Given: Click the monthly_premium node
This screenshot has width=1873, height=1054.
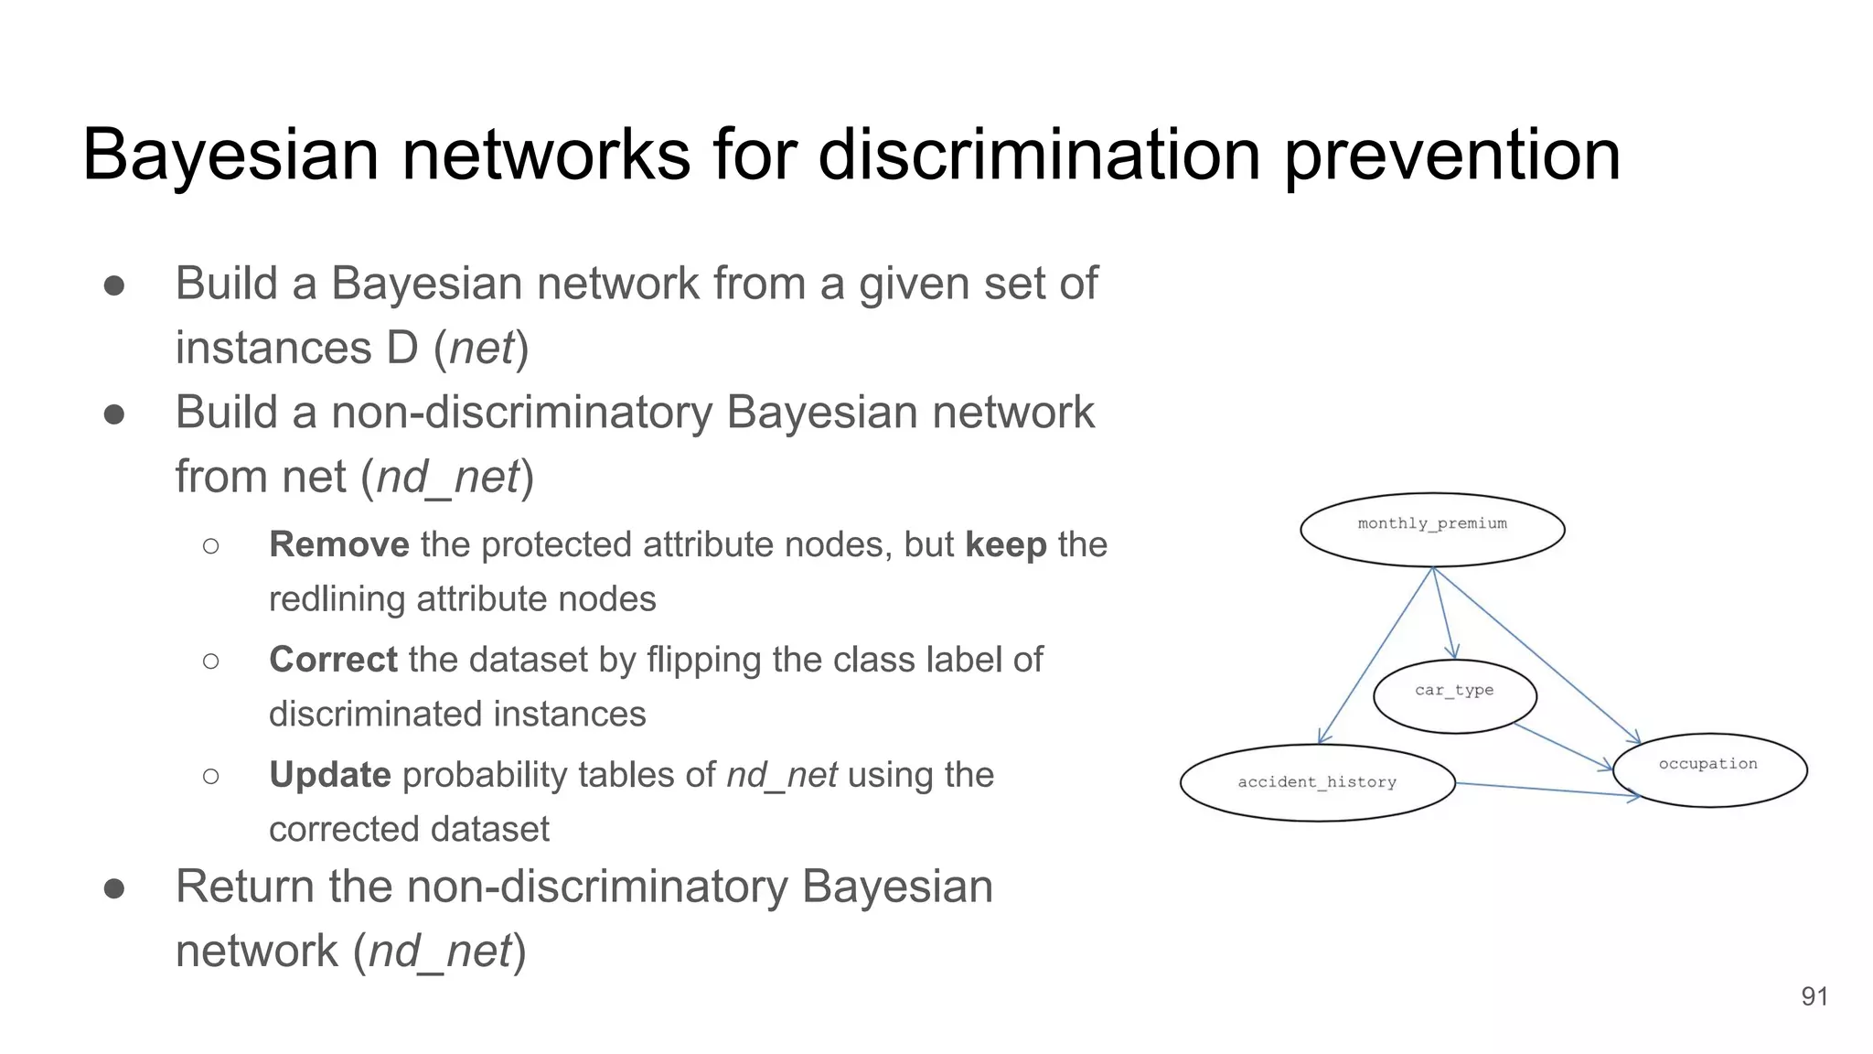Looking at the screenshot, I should coord(1432,530).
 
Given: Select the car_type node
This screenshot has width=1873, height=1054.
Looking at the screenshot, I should coord(1454,696).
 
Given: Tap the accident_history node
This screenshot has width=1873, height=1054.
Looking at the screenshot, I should coord(1317,783).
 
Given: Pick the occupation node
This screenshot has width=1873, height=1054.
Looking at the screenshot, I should coord(1709,769).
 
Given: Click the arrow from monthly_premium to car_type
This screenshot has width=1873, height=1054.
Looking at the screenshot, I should coord(1443,613).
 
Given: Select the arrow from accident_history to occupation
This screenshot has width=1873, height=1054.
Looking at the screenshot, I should coord(1546,790).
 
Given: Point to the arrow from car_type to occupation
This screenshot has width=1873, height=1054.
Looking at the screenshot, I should coord(1562,746).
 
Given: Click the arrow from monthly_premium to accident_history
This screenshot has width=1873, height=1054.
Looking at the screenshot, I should coord(1375,655).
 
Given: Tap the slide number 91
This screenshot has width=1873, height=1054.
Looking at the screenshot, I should coord(1814,996).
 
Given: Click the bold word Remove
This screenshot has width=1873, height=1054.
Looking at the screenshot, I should coord(338,544).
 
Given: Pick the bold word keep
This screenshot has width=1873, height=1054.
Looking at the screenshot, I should coord(1005,544).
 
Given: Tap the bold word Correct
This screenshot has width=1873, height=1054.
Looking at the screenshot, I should coord(333,660).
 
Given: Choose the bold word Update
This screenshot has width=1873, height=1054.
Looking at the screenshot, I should coord(329,775).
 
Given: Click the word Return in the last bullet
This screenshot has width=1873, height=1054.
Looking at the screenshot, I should coord(244,887).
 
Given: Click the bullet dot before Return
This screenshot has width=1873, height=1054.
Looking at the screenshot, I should coord(114,888).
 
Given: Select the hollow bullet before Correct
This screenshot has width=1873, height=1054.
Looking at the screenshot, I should coord(211,661).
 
